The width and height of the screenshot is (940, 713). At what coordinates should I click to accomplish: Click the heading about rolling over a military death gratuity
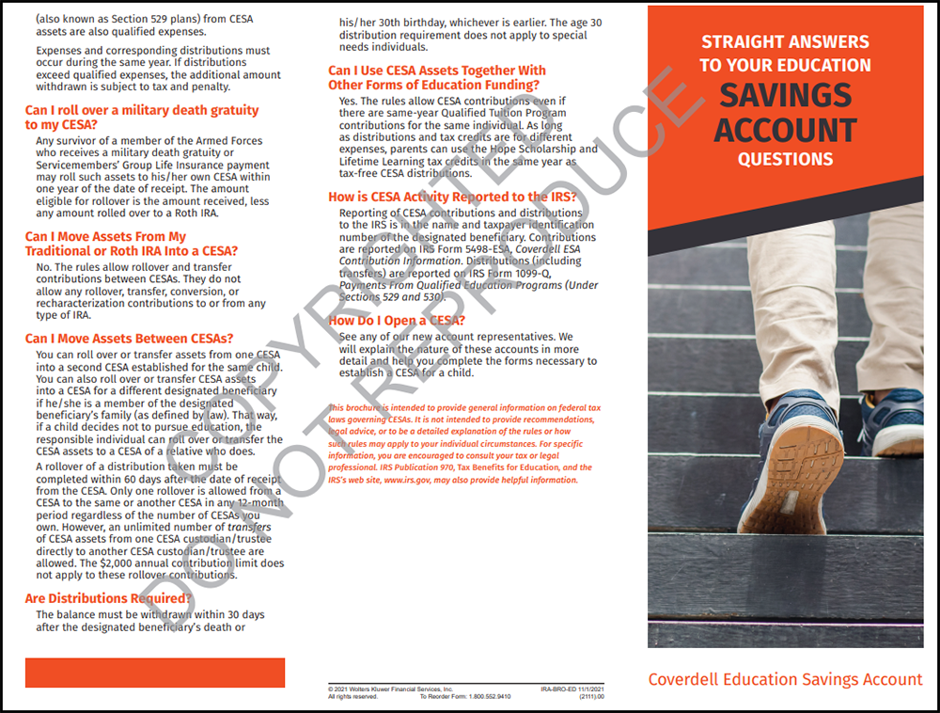tap(141, 117)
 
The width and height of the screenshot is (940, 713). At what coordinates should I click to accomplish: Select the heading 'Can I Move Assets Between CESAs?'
tap(129, 339)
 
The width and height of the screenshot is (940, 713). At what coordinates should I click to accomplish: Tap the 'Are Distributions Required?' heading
tap(108, 598)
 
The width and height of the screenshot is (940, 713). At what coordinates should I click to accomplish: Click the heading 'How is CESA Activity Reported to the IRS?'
tap(452, 197)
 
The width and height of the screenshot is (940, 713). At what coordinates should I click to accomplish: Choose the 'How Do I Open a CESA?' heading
tap(396, 321)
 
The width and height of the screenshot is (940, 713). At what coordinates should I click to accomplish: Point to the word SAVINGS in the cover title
tap(785, 95)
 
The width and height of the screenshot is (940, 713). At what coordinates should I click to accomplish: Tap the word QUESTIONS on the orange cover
tap(785, 159)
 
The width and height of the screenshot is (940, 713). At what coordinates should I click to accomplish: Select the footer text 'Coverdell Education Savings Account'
tap(785, 679)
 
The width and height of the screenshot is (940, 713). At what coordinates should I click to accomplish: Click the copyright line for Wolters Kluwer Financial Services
tap(390, 689)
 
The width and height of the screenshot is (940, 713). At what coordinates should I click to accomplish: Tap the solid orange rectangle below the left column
tap(155, 673)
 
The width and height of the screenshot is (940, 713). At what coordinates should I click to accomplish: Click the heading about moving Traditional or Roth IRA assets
tap(131, 244)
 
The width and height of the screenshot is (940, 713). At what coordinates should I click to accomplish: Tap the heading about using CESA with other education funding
tap(436, 77)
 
